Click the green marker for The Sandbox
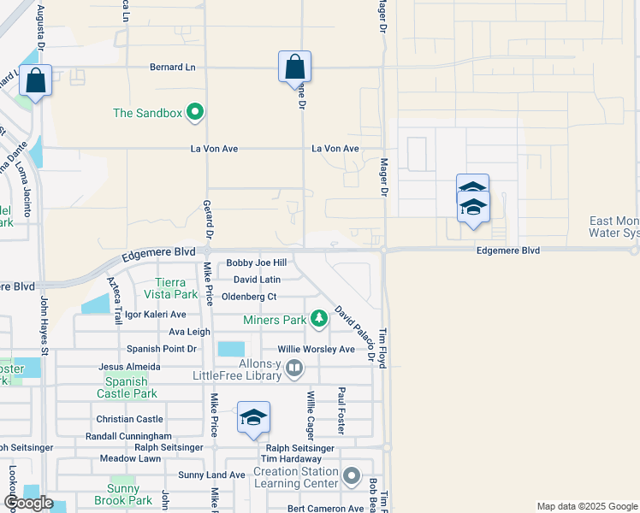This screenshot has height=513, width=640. (x=195, y=111)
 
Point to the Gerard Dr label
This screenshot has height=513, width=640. (x=208, y=219)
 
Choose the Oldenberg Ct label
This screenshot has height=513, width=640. (x=249, y=297)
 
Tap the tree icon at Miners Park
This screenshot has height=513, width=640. (x=319, y=319)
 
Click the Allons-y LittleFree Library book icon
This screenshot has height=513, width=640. (x=294, y=369)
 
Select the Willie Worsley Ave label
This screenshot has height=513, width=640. (x=316, y=350)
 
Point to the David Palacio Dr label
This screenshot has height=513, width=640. (x=355, y=333)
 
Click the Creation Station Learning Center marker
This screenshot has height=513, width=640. (x=351, y=475)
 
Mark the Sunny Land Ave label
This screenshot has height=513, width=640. (x=212, y=475)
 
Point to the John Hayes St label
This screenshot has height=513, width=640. (x=44, y=324)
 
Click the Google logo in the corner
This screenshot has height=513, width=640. (x=29, y=503)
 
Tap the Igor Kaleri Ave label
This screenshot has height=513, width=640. (x=155, y=315)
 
